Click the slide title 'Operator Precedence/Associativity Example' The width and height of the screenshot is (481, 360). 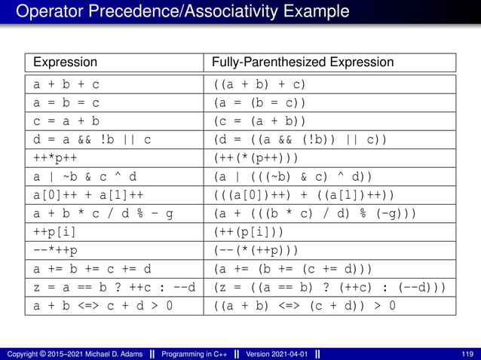[182, 12]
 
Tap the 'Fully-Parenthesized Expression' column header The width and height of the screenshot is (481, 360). [302, 62]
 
